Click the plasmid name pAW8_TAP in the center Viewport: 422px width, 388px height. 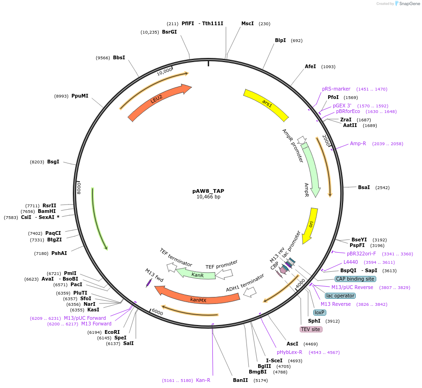(x=208, y=191)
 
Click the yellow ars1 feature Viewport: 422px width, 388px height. (x=267, y=104)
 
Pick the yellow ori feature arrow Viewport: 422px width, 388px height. (x=310, y=226)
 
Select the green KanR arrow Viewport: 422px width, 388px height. (x=197, y=275)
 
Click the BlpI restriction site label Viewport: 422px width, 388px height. (x=281, y=41)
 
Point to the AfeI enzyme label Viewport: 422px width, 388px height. (x=310, y=67)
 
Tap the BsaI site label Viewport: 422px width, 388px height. (x=364, y=187)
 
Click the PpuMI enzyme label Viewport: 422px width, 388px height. (x=80, y=96)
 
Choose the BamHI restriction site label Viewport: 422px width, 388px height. (x=50, y=211)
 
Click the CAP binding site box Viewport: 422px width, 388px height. (x=355, y=279)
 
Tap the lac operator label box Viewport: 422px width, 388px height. (x=340, y=296)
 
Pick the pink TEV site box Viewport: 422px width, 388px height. (x=311, y=329)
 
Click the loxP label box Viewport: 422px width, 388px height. (x=319, y=312)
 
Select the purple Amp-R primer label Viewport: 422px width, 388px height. (x=358, y=143)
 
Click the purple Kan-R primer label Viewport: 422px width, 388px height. (x=203, y=380)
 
